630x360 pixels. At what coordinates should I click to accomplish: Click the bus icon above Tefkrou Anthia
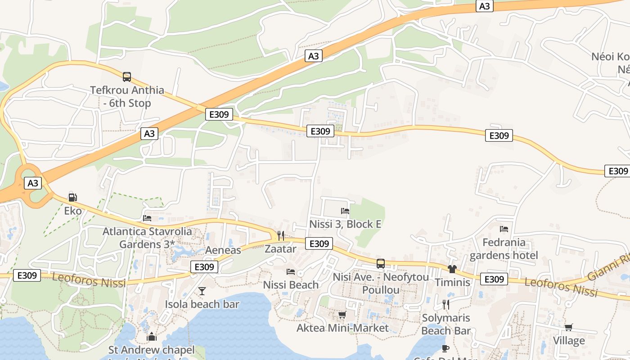(x=127, y=77)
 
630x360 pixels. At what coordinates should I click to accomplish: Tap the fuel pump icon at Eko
(x=72, y=197)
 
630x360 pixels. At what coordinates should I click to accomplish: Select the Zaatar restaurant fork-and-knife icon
(x=281, y=235)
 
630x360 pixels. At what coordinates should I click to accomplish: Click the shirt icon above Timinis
(x=452, y=269)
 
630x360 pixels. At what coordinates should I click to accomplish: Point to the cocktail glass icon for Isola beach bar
(x=202, y=291)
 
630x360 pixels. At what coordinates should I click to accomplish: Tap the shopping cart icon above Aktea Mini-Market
(x=342, y=315)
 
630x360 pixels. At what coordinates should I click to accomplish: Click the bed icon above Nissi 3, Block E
(x=345, y=211)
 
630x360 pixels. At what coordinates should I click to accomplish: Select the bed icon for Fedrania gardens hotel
(x=504, y=229)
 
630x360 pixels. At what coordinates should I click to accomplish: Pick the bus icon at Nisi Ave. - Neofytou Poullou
(x=380, y=264)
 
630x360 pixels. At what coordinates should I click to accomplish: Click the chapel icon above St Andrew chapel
(x=151, y=337)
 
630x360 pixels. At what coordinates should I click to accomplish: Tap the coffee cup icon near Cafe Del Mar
(x=445, y=348)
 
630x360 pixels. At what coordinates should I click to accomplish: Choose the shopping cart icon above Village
(x=569, y=327)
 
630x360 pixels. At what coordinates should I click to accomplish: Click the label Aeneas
(x=223, y=250)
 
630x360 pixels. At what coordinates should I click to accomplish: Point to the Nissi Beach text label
(x=291, y=285)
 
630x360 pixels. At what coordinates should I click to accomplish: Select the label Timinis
(x=452, y=283)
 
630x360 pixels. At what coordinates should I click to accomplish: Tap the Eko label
(x=73, y=211)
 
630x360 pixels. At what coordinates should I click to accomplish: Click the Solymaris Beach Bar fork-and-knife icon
(x=445, y=305)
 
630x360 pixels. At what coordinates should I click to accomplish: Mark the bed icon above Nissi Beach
(x=291, y=272)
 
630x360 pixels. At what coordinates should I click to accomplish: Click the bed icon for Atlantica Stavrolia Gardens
(x=147, y=218)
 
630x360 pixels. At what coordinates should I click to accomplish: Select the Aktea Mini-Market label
(x=342, y=328)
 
